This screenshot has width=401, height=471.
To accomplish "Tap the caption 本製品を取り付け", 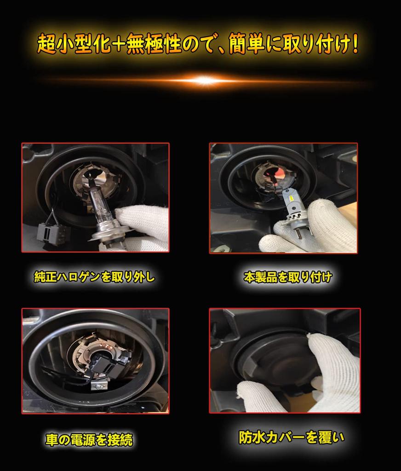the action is [288, 277].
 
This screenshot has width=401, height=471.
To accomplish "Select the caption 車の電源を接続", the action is [89, 440].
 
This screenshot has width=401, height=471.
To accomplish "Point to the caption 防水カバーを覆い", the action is [292, 437].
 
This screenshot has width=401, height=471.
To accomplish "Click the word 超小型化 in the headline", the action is [74, 44].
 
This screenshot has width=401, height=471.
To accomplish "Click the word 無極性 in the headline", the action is [154, 44].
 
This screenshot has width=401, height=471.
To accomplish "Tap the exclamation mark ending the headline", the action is [355, 44].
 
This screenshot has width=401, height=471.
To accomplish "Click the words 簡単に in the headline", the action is [255, 44].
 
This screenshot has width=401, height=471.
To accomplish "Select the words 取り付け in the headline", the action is [317, 44].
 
